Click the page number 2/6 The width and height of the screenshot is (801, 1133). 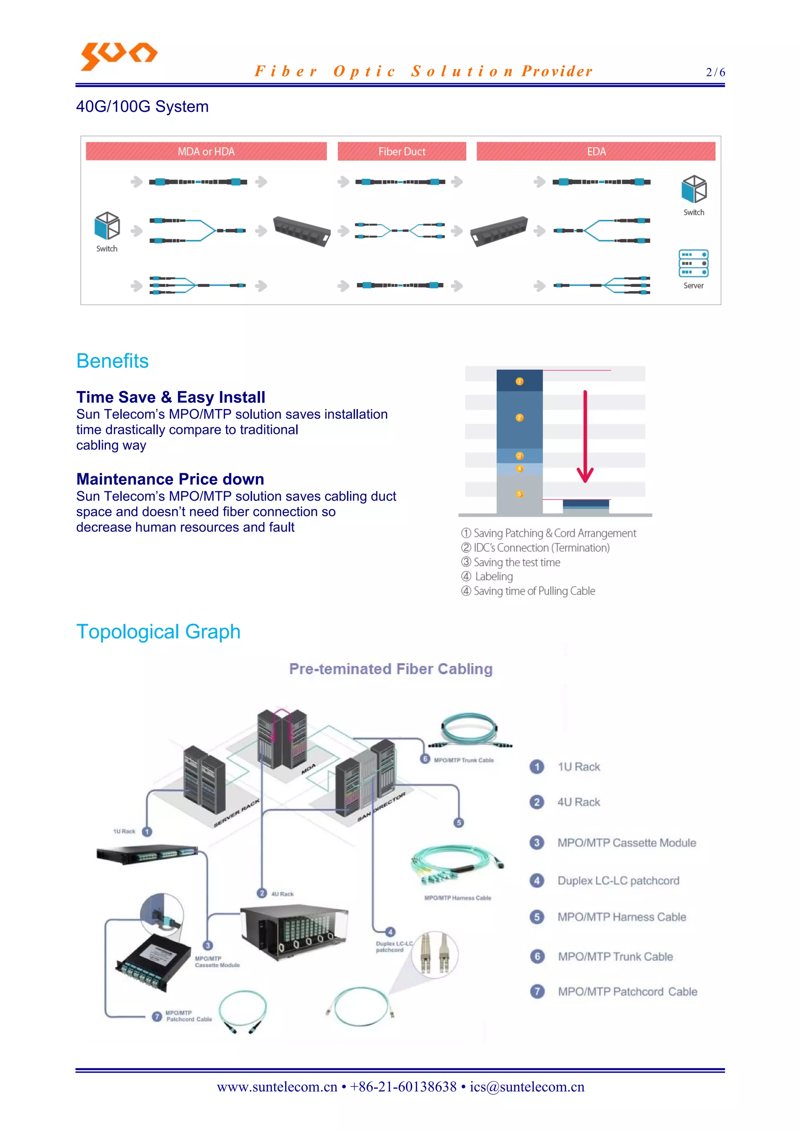[715, 72]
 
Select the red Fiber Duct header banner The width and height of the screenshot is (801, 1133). [402, 151]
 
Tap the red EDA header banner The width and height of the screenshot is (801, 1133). [596, 151]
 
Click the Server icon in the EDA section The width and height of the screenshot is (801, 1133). [693, 264]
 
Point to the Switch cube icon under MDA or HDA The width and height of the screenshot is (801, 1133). [107, 226]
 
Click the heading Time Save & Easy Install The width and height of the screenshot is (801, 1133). [171, 397]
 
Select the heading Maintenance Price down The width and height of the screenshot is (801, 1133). [170, 479]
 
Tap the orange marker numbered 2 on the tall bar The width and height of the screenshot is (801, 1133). [519, 418]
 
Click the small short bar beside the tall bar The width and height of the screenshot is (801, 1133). [586, 507]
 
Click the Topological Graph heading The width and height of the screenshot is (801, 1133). [158, 632]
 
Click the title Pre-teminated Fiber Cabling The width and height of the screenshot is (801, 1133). [391, 669]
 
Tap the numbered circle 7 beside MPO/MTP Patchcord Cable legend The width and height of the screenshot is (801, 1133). [537, 991]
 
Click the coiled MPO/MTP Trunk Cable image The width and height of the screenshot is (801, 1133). [469, 730]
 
